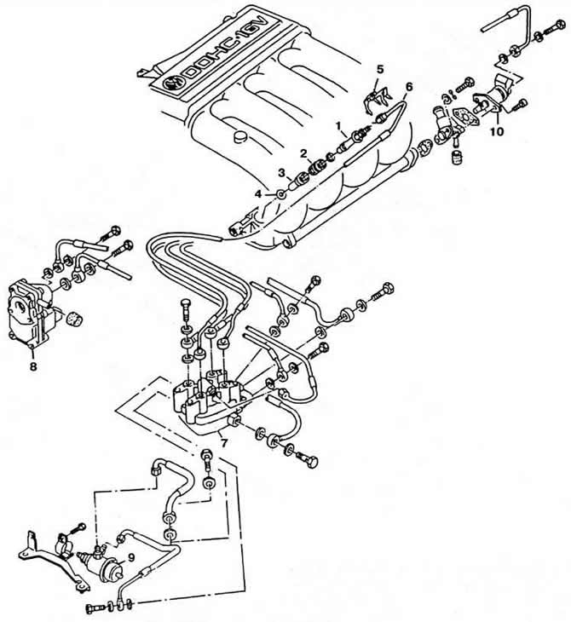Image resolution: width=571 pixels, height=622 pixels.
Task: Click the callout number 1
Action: pyautogui.click(x=341, y=125)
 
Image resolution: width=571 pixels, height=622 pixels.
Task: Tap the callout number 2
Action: pyautogui.click(x=303, y=153)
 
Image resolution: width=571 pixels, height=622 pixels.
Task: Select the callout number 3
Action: pyautogui.click(x=282, y=172)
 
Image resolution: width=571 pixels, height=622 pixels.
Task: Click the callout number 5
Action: pyautogui.click(x=380, y=68)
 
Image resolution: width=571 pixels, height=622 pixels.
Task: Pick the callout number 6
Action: pyautogui.click(x=409, y=87)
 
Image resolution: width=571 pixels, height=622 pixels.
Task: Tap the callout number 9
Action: pyautogui.click(x=131, y=558)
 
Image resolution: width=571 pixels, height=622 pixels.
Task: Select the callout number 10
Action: pyautogui.click(x=497, y=132)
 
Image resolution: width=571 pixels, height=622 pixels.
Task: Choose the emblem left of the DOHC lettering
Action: pyautogui.click(x=170, y=83)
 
